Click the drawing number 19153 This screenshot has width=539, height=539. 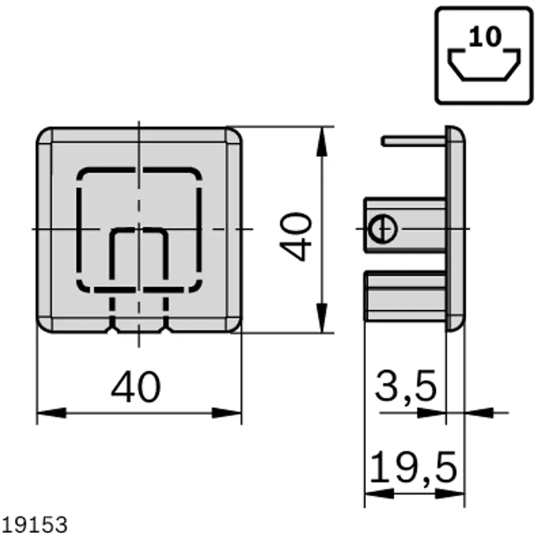[34, 525]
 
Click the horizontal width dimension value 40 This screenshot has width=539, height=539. [136, 387]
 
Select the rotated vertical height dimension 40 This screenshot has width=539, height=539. [296, 237]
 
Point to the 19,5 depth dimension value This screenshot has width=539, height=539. [414, 468]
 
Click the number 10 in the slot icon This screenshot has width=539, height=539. [484, 36]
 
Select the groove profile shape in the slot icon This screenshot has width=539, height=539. [484, 65]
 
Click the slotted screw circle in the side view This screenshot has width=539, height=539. [382, 228]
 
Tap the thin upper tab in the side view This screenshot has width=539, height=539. [414, 141]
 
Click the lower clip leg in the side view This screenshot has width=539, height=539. [406, 296]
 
